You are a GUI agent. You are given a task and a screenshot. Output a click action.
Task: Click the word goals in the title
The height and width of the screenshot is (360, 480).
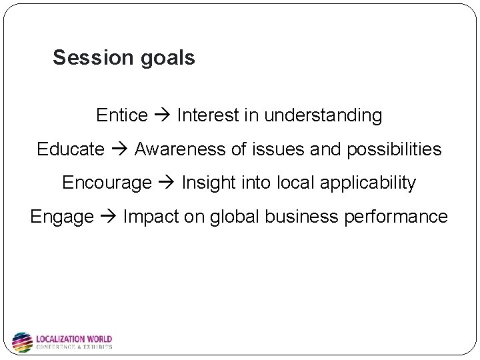[x=168, y=59]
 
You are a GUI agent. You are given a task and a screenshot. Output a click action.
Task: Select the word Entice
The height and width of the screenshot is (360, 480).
[x=121, y=115]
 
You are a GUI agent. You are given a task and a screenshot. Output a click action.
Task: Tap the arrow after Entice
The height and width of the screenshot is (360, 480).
[x=162, y=116]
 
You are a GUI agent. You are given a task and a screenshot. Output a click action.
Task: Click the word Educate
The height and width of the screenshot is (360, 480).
[x=71, y=149]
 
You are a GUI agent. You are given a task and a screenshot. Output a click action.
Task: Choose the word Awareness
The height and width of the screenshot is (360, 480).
[x=180, y=149]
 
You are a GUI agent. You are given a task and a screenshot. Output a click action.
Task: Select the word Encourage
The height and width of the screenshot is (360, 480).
[x=107, y=183]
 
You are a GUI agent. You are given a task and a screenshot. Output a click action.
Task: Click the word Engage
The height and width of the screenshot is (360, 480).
[x=62, y=217]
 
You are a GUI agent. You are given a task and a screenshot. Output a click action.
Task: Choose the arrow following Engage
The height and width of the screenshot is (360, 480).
[x=109, y=217]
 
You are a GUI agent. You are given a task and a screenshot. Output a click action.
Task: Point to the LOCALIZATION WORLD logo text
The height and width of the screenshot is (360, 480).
[x=73, y=339]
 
